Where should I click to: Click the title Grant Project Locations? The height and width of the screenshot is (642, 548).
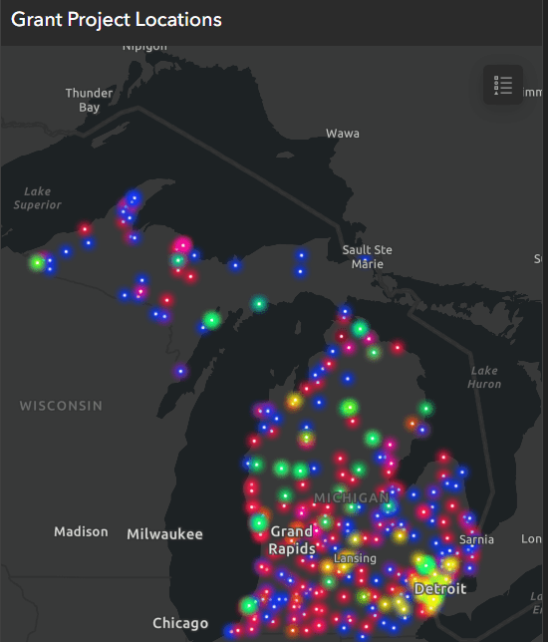click(x=117, y=20)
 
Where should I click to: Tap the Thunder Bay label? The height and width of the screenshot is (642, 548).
click(x=89, y=100)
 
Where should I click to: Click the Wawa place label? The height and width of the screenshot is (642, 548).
click(x=342, y=133)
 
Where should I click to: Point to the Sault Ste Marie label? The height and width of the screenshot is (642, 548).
click(x=367, y=256)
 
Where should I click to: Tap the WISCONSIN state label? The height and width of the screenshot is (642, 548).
click(x=61, y=406)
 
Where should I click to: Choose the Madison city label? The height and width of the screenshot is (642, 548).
click(x=81, y=531)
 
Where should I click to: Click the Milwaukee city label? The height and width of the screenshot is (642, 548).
click(x=164, y=534)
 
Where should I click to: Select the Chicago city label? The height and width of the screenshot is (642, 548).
click(x=180, y=624)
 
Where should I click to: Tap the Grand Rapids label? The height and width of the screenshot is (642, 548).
click(x=291, y=540)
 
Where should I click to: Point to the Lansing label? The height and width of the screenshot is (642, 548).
click(x=355, y=558)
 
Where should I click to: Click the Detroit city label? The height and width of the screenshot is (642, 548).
click(x=439, y=589)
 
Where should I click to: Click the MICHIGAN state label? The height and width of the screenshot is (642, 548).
click(x=351, y=497)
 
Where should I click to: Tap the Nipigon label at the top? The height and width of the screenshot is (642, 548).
click(x=144, y=46)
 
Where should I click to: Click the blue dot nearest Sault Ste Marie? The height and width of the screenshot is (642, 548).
click(x=366, y=260)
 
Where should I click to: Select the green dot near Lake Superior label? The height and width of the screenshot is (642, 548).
click(x=37, y=263)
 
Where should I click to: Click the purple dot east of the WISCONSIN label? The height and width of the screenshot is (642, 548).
click(x=180, y=372)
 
